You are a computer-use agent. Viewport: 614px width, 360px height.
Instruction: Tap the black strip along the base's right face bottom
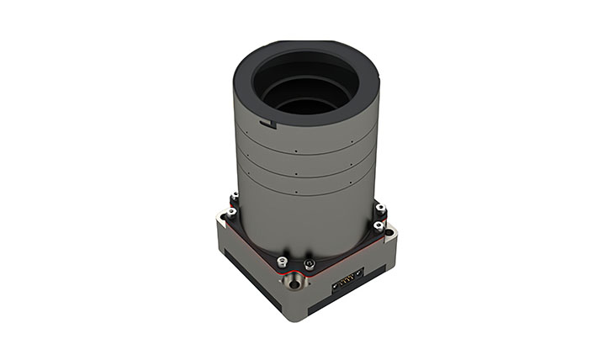[x=353, y=312]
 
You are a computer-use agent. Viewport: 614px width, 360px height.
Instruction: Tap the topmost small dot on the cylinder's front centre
[x=296, y=152]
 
